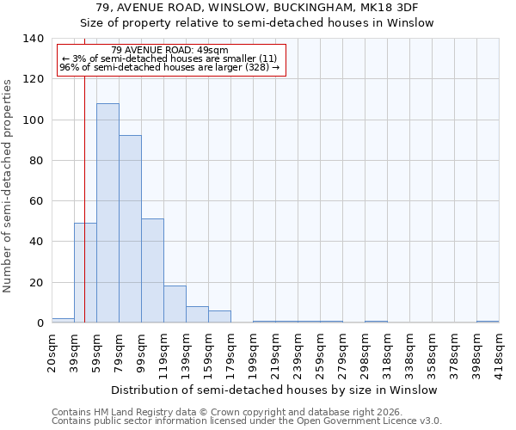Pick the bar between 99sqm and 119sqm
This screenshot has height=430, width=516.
click(x=152, y=271)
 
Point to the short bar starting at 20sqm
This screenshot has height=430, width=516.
click(x=63, y=320)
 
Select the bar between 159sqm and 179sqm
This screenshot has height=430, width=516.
click(x=219, y=316)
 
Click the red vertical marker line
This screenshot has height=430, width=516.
click(x=84, y=172)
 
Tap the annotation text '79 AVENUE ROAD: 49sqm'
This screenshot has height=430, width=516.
click(x=169, y=50)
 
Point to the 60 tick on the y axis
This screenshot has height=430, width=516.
click(x=36, y=201)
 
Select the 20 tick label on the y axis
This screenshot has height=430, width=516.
click(x=36, y=282)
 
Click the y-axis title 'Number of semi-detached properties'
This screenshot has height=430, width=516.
click(x=9, y=185)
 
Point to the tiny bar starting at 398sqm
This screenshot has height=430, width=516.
click(x=488, y=322)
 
